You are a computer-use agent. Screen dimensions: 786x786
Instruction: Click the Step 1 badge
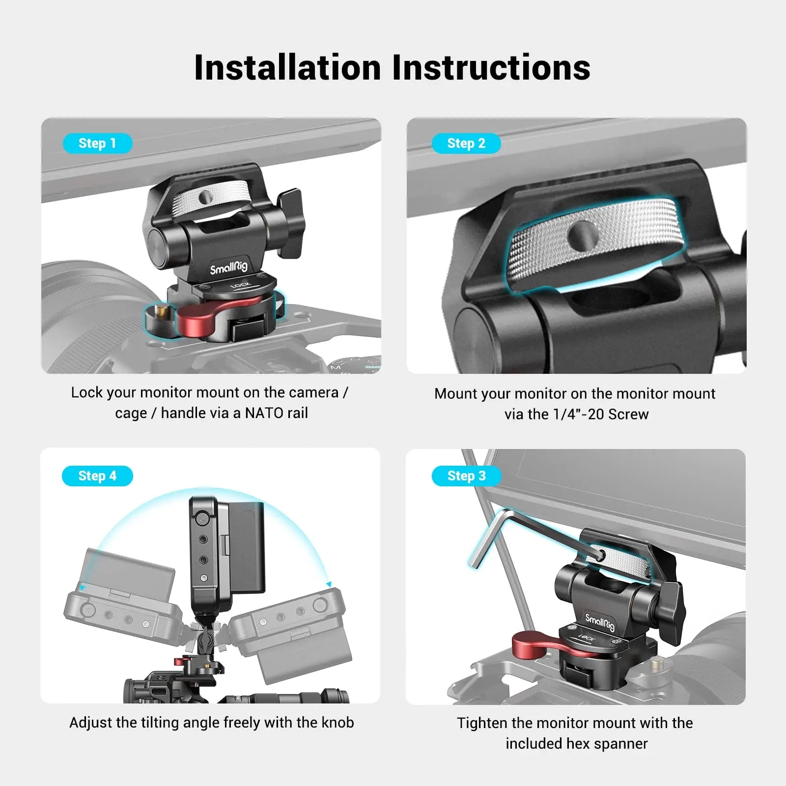(x=97, y=143)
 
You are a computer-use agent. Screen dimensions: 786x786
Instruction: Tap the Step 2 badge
(x=466, y=143)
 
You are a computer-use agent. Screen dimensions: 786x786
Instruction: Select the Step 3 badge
(x=466, y=476)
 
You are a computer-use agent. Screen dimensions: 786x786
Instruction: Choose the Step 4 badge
(x=97, y=476)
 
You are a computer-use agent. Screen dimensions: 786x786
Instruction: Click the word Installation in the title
(x=287, y=67)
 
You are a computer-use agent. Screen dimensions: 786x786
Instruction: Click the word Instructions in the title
(x=491, y=67)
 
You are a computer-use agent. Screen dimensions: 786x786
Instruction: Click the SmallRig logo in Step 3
(x=600, y=622)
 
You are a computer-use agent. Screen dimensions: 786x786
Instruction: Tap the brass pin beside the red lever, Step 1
(x=158, y=311)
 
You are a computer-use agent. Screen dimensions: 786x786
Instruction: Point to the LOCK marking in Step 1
(x=240, y=285)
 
